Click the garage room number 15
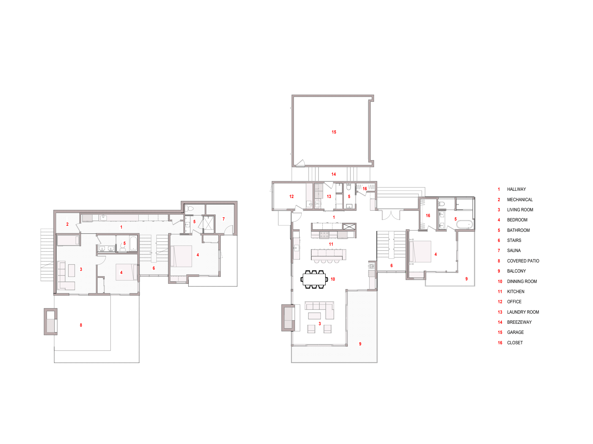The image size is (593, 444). (334, 132)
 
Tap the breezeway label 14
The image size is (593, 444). (334, 174)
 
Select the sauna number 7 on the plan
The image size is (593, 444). (224, 219)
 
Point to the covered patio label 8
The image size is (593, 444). (81, 325)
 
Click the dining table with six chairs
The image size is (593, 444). (314, 280)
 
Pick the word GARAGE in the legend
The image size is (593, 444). (515, 332)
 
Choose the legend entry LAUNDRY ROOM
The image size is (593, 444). (523, 312)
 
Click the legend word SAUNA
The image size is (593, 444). (514, 251)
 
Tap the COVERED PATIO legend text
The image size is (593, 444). (523, 261)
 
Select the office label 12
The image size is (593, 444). (292, 197)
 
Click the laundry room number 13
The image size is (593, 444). (329, 197)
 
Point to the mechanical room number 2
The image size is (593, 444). (67, 224)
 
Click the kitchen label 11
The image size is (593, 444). (331, 244)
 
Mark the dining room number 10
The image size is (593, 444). (333, 279)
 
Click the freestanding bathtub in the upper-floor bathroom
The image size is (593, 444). (464, 225)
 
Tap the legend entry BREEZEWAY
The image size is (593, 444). (519, 322)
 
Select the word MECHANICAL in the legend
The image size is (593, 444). (520, 200)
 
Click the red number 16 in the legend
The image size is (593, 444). (500, 343)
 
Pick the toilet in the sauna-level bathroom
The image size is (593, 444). (189, 208)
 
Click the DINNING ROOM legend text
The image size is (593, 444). (522, 282)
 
